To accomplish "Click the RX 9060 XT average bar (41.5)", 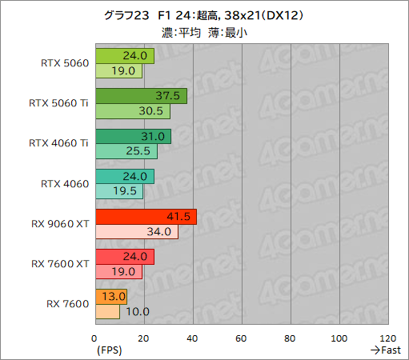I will (145, 217).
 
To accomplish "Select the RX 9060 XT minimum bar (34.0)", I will (136, 232).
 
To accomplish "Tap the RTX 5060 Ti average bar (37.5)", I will (140, 96).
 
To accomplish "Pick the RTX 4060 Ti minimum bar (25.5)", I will (120, 151).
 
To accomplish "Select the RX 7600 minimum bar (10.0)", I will (106, 312).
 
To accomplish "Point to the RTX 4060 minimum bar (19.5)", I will (118, 192).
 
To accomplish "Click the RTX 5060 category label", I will (62, 63).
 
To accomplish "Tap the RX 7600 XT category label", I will (58, 263).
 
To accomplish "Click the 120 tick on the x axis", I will (389, 337).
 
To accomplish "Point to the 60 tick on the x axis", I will (242, 337).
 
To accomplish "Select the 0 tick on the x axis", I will (95, 337).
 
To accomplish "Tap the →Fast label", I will (385, 350).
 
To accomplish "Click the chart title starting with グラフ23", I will (204, 15).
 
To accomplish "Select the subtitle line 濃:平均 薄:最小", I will (204, 31).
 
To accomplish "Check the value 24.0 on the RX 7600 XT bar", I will (134, 257).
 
